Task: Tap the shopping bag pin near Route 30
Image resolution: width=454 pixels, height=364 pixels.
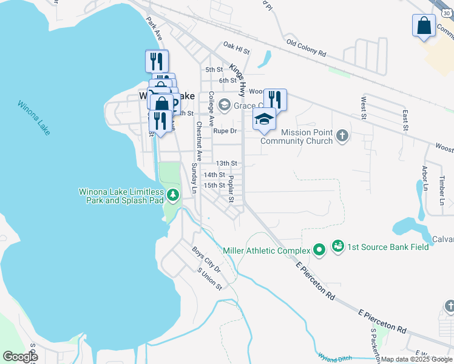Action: [424, 26]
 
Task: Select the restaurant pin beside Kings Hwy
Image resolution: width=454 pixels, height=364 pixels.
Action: [275, 99]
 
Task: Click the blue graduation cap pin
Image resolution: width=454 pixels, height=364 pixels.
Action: [265, 120]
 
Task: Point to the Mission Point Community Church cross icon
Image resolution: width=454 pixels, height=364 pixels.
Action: [342, 135]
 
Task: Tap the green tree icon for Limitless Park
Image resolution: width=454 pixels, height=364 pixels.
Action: [174, 195]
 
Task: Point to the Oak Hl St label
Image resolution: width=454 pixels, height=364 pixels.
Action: [236, 45]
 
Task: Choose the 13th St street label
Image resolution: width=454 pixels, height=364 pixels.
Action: [226, 163]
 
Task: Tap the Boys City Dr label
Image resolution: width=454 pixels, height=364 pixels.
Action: [206, 258]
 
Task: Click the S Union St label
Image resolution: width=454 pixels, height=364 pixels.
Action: [210, 279]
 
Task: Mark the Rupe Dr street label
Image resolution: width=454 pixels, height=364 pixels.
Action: [224, 130]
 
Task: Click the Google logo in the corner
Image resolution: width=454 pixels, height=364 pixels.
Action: [20, 357]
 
